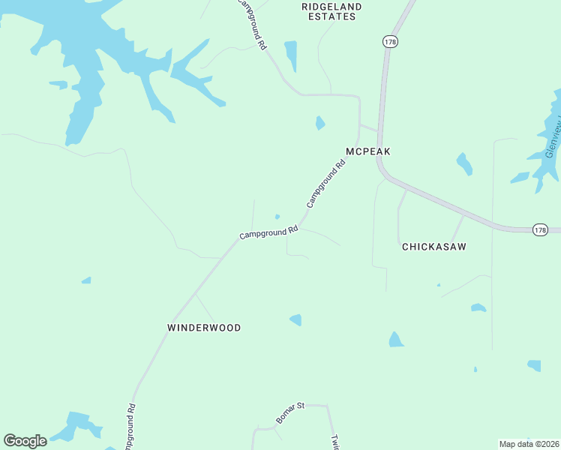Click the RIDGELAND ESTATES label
coord(331,11)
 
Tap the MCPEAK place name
coord(368,151)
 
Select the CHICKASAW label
coord(433,246)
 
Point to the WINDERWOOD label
coord(204,328)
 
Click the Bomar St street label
coord(289,412)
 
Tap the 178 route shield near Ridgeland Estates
coord(389,42)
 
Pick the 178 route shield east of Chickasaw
coord(541,229)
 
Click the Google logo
coord(25,441)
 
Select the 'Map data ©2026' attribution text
coord(529,443)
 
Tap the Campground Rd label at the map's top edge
coord(253,24)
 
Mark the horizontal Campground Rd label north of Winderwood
coord(268,234)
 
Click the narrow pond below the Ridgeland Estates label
coord(291,55)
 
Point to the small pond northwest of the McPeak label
coord(320,122)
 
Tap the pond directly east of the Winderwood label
coord(295,320)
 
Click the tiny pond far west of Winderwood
coord(86,280)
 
